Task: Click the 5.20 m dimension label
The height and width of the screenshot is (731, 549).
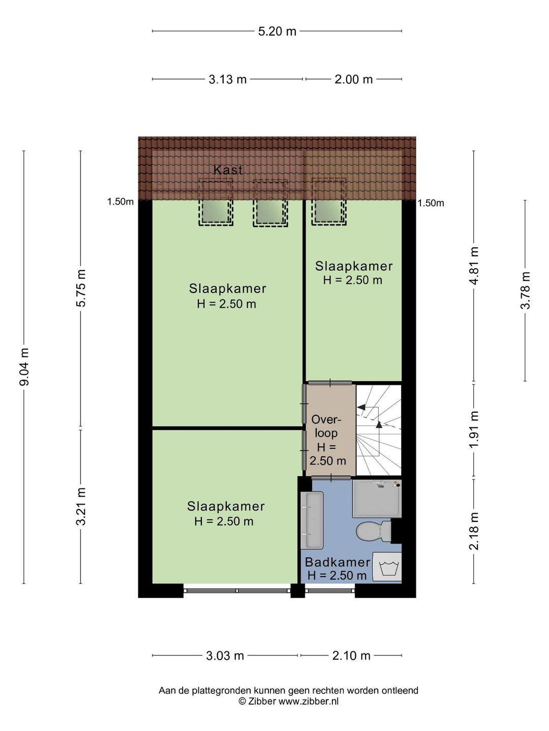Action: (x=277, y=31)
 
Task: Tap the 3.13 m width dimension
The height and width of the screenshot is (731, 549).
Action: (x=227, y=79)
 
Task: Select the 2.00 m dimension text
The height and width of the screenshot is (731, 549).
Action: (x=353, y=79)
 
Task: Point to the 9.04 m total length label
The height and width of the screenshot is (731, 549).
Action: (x=24, y=367)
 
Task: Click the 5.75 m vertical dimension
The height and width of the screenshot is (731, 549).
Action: (x=81, y=288)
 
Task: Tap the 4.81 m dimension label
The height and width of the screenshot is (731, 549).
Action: (x=474, y=265)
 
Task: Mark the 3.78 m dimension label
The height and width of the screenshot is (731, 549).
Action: (x=525, y=290)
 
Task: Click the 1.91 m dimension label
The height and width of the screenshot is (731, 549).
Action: (x=474, y=429)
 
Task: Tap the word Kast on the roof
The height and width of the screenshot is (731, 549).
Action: (x=228, y=170)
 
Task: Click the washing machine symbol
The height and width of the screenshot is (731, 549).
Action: (x=387, y=567)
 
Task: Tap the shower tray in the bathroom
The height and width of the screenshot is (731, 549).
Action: (x=377, y=498)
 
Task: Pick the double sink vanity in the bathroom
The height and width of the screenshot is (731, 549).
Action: (x=312, y=520)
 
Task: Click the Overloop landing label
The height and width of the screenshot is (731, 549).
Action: (x=327, y=440)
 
